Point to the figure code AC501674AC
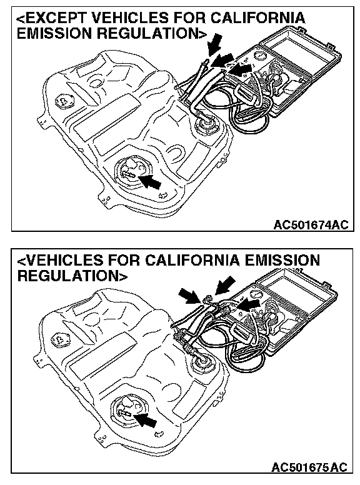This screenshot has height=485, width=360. click(x=311, y=224)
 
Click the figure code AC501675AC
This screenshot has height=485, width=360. click(x=309, y=466)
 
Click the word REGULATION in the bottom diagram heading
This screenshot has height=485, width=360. click(x=67, y=275)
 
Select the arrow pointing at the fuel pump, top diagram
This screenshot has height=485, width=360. click(x=149, y=181)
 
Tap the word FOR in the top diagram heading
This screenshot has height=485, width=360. click(x=189, y=18)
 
